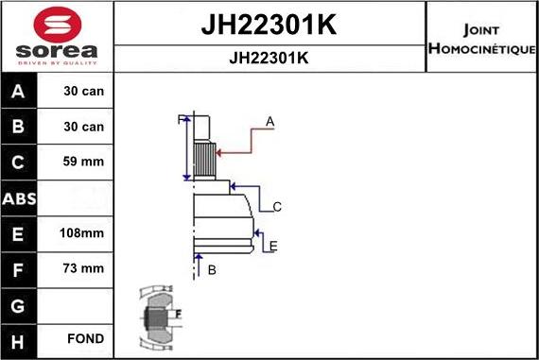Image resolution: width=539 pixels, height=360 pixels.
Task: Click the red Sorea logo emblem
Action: [x=58, y=25]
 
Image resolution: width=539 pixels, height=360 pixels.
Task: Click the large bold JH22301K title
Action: [x=269, y=25]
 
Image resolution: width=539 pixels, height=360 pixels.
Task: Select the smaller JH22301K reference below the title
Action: [x=269, y=58]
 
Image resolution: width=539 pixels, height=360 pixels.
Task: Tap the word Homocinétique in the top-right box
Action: [x=482, y=48]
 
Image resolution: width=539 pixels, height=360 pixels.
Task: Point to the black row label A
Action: [x=18, y=92]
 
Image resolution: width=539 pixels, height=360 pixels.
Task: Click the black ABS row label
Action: [x=19, y=198]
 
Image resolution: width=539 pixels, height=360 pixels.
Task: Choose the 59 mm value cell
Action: [x=83, y=162]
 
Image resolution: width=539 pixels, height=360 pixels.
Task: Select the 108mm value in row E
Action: [x=82, y=233]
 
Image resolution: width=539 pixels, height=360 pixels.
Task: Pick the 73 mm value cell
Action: [x=83, y=268]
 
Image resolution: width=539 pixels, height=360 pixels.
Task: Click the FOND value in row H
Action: [x=86, y=338]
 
